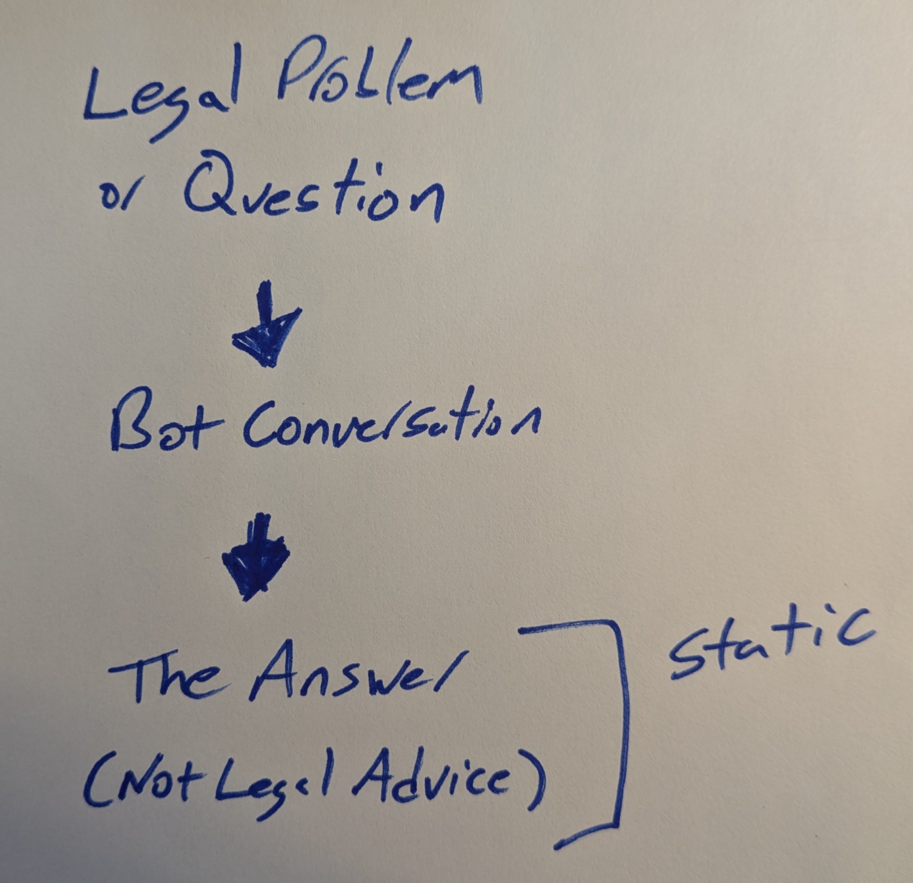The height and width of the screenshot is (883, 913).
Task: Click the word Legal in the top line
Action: tap(161, 93)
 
